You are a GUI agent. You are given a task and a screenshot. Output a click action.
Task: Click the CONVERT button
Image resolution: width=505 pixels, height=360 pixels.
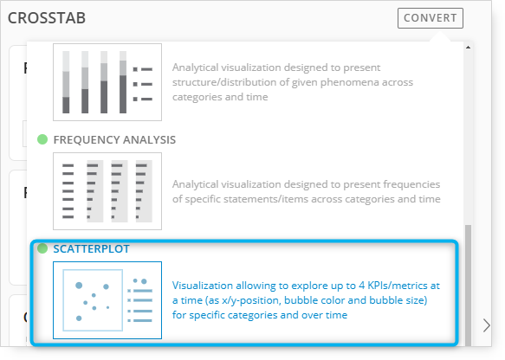[431, 18]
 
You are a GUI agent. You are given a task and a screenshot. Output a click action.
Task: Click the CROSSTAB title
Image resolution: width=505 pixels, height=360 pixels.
[47, 18]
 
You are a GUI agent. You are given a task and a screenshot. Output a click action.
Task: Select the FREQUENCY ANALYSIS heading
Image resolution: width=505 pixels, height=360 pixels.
[114, 140]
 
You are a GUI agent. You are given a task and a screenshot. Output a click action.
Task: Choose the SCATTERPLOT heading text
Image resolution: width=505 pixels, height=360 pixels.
[92, 248]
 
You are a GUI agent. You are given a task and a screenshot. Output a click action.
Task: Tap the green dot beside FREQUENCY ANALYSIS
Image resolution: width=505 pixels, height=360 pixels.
[42, 139]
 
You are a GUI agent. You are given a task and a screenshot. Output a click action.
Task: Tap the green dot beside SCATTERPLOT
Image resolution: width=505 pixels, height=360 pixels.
[42, 248]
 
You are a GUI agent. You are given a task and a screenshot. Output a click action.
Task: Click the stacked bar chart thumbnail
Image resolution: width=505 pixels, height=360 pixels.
[107, 82]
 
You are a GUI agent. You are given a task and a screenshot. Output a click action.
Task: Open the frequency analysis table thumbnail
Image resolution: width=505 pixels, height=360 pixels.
[107, 191]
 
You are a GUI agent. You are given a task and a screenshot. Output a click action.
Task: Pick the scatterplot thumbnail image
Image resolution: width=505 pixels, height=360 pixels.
[107, 300]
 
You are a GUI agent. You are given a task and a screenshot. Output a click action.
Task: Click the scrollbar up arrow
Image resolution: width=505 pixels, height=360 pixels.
[468, 48]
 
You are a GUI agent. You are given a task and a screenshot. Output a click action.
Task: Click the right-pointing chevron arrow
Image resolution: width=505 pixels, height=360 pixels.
[486, 325]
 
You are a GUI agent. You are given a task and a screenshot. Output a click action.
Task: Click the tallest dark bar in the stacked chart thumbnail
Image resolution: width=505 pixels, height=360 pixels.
[123, 94]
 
